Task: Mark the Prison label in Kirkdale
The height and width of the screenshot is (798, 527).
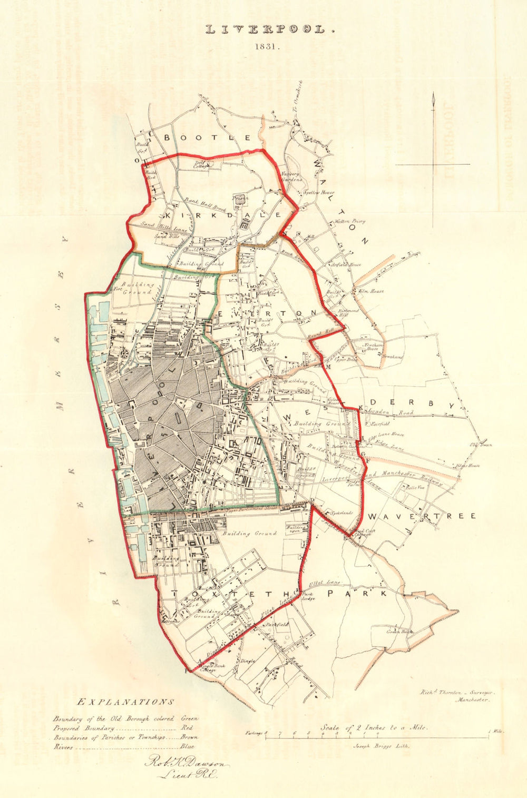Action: point(240,199)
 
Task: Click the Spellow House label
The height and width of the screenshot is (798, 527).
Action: point(319,193)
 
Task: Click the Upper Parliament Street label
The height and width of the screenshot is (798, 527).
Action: point(244,509)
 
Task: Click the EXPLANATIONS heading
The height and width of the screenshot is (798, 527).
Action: point(125,702)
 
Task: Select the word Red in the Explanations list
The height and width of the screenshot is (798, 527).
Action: point(188,728)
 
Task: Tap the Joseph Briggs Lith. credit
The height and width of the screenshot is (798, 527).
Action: point(376,746)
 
